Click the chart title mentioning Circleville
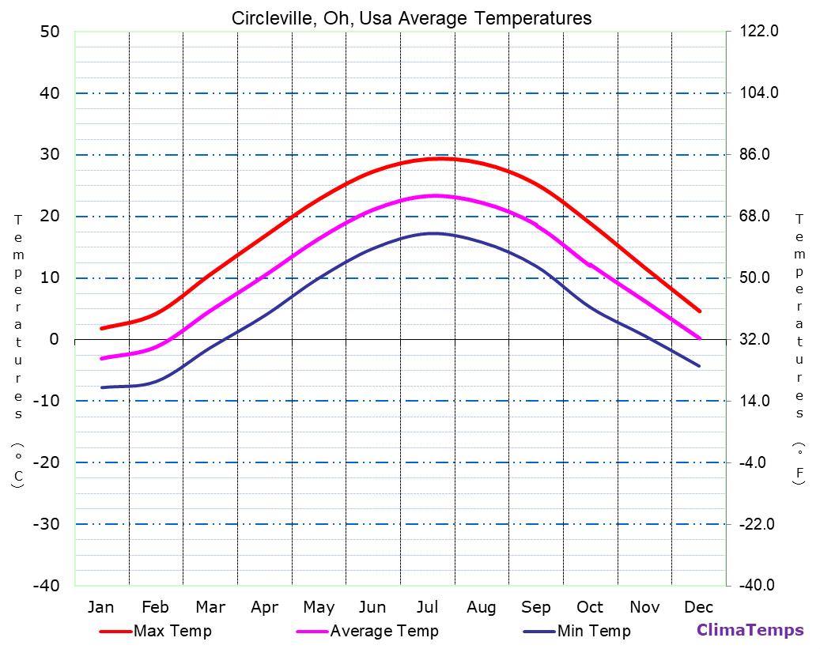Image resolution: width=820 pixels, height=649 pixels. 411,18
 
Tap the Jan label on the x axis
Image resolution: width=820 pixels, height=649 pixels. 100,607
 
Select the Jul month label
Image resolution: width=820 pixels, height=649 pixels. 427,607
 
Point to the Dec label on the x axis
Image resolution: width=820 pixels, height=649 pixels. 699,607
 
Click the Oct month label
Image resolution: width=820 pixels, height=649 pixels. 590,607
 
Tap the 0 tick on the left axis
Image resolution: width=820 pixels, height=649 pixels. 54,339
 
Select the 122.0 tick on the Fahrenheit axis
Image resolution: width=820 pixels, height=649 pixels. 760,32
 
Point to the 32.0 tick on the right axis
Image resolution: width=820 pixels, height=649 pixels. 760,339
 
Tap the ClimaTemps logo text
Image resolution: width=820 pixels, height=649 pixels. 750,630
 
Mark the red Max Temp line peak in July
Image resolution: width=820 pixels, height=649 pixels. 440,158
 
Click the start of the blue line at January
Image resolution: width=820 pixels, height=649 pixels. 101,387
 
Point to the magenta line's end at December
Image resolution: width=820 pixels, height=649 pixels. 699,338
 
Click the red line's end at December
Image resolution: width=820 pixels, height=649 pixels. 699,311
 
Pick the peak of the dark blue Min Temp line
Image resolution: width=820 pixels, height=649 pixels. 433,233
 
